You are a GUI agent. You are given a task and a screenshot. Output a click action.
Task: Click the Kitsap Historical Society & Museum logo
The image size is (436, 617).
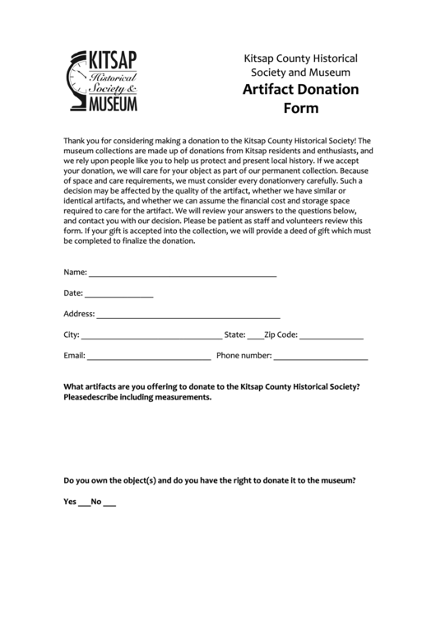click(101, 81)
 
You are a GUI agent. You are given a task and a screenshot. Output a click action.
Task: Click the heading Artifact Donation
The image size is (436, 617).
click(300, 89)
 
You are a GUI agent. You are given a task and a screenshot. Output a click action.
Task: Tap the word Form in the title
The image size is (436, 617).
click(300, 107)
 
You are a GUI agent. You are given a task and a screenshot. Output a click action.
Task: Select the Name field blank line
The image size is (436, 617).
click(183, 273)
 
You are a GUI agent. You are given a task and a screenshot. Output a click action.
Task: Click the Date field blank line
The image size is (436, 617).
click(119, 294)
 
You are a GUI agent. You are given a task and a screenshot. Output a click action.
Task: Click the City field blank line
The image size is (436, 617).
click(151, 336)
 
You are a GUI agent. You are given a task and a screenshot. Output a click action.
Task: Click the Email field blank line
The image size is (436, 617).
click(149, 358)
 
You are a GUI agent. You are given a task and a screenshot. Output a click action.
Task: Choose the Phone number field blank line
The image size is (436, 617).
click(320, 358)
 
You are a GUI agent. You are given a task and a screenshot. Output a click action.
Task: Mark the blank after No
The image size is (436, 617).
click(109, 502)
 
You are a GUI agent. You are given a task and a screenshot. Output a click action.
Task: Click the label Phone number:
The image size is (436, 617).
click(244, 356)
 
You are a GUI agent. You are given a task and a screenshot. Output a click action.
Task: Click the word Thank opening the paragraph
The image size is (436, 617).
click(76, 141)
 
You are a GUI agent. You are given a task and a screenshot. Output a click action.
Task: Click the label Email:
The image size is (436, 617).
click(74, 356)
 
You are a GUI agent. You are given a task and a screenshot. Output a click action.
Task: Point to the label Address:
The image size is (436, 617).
click(79, 314)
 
